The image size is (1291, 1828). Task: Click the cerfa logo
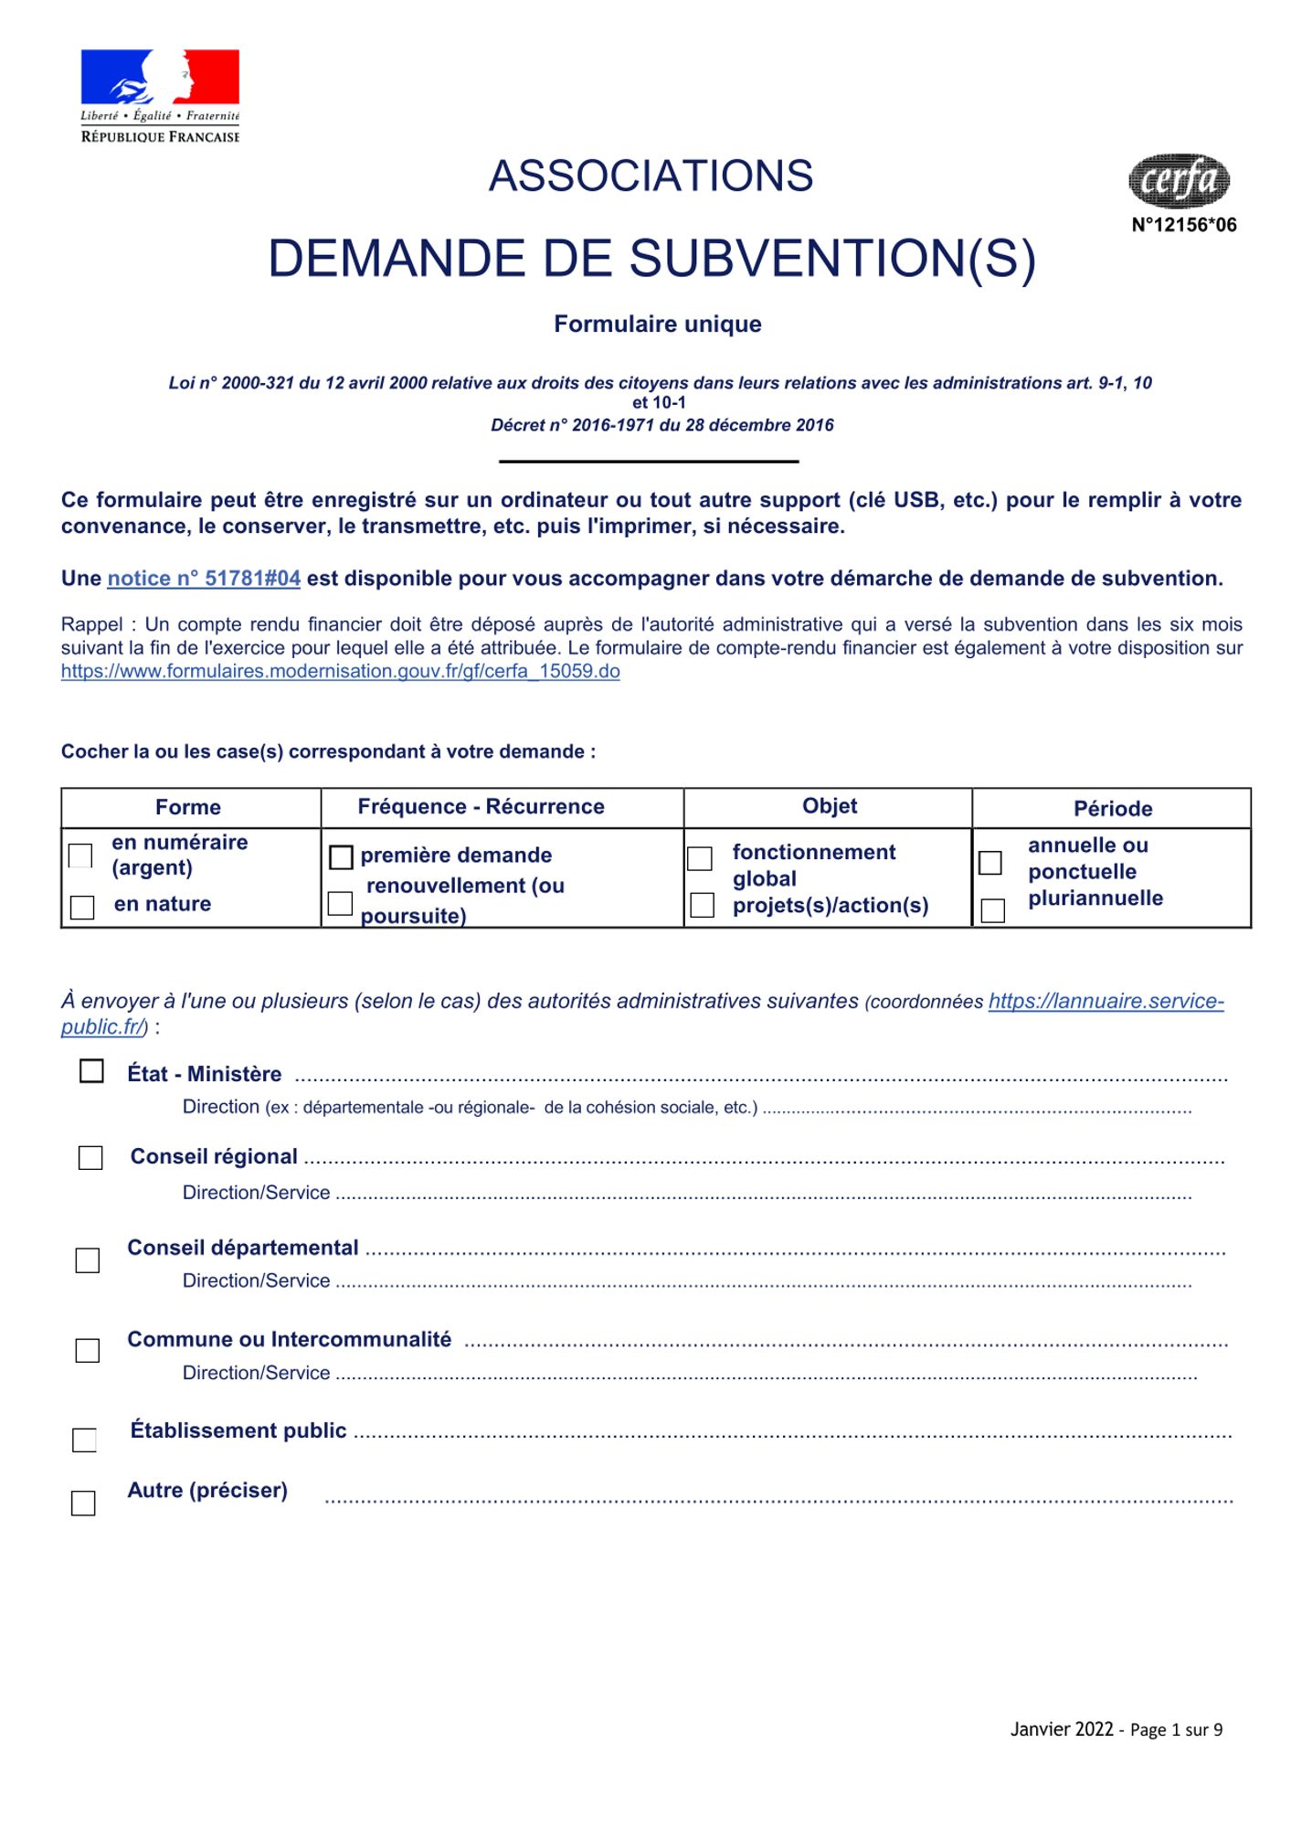[x=1179, y=180]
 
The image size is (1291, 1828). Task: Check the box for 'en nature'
[x=82, y=907]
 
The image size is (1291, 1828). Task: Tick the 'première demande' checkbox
[x=341, y=857]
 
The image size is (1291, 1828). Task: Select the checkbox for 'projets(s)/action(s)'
[x=702, y=905]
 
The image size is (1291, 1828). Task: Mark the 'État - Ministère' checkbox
[x=91, y=1070]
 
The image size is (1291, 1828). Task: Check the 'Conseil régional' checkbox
[x=90, y=1158]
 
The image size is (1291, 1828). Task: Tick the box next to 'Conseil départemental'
[x=88, y=1260]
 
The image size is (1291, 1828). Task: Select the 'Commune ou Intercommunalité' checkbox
[x=88, y=1350]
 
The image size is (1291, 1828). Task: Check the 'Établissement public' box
[x=84, y=1440]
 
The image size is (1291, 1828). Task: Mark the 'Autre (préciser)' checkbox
[x=83, y=1504]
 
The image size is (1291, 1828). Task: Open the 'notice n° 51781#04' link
[x=204, y=579]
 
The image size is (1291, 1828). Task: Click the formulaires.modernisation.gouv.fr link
[x=340, y=672]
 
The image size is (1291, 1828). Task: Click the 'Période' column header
[x=1112, y=809]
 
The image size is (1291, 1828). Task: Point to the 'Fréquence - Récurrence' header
[x=481, y=807]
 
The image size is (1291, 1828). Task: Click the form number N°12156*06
[x=1183, y=225]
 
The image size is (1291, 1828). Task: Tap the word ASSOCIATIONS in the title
[x=651, y=176]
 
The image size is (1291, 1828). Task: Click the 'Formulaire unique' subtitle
[x=657, y=324]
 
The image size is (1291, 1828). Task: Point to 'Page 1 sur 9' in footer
[x=1176, y=1729]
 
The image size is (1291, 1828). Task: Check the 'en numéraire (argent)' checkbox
[x=80, y=856]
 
